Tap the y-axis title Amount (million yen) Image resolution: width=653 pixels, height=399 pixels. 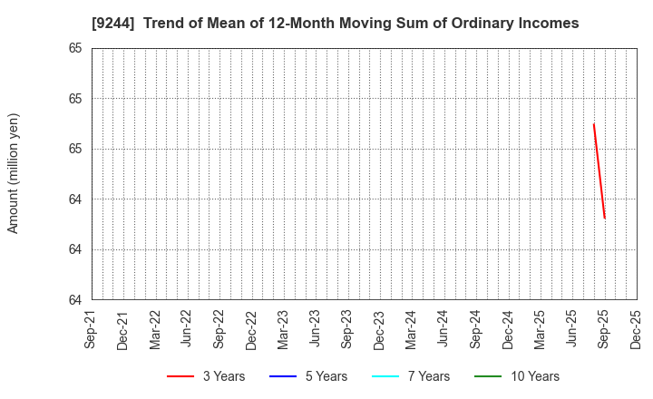point(14,173)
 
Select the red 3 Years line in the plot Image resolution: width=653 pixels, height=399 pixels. point(599,171)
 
